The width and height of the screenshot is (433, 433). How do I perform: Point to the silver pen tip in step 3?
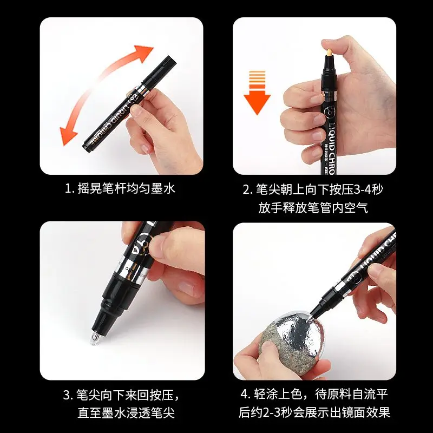93,339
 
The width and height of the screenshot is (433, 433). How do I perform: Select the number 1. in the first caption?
69,189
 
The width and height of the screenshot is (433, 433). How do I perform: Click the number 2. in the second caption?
247,189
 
